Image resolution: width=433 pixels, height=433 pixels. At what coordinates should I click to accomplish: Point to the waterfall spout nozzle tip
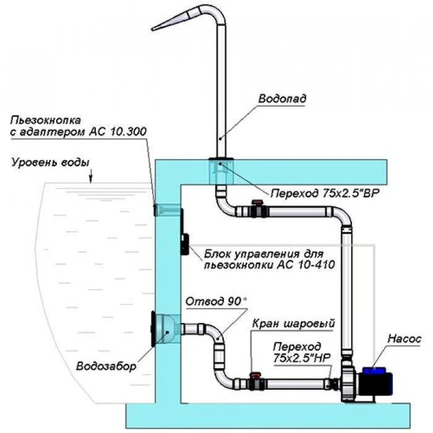click(156, 28)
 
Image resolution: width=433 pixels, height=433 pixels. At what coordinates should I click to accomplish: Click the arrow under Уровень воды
click(91, 178)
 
